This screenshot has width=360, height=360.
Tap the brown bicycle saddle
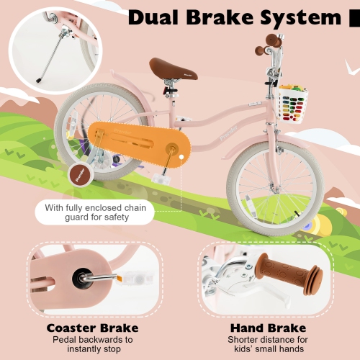pos(173,68)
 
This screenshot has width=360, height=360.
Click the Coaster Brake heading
pos(92,328)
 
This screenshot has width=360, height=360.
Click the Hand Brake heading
pos(264,328)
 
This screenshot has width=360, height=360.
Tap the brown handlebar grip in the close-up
pos(288,277)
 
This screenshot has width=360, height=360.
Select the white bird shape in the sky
pos(350,66)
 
